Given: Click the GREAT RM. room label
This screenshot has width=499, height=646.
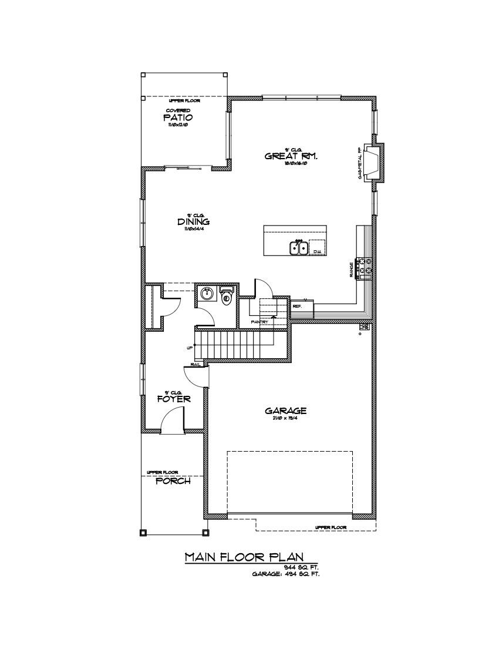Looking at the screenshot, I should [292, 156].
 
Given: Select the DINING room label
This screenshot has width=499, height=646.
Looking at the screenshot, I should [193, 222].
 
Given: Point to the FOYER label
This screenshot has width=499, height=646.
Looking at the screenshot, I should [174, 399].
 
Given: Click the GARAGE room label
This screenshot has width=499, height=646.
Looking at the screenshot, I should [285, 411].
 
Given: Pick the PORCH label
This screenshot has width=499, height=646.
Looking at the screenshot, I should [173, 481].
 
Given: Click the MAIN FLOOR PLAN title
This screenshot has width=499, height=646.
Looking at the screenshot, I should [252, 557].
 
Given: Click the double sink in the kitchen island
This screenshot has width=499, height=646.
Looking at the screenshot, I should [298, 248].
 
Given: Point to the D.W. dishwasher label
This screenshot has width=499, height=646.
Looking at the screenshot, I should [318, 251].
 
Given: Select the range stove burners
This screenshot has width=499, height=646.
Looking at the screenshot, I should [366, 266].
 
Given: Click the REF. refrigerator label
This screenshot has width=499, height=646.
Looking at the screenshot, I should [297, 306].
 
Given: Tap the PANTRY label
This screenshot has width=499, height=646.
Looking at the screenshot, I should [259, 322].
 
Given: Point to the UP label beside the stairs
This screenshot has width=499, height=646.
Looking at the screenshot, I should [190, 348].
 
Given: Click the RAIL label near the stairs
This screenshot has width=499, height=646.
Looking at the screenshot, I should [195, 364].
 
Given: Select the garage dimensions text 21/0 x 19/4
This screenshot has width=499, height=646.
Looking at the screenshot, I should [285, 419].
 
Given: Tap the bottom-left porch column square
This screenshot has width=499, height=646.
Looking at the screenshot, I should [143, 533].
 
